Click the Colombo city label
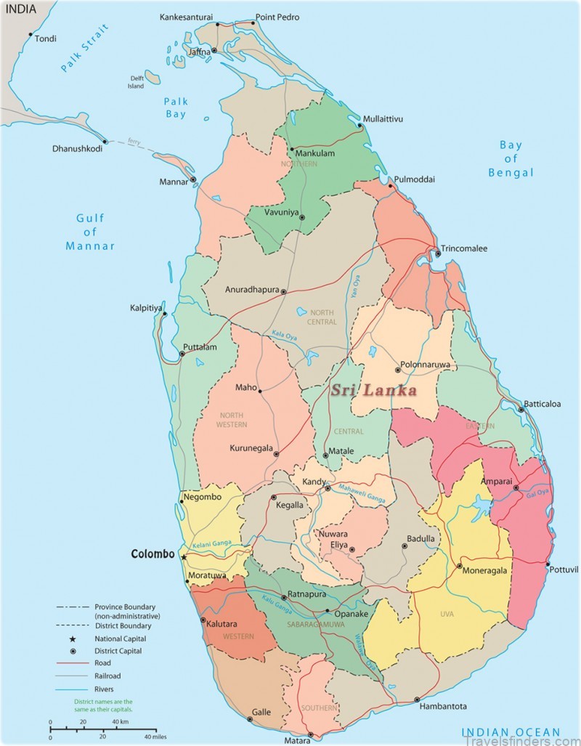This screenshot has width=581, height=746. (153, 554)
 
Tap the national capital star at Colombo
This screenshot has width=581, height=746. (184, 557)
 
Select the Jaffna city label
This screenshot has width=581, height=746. (199, 52)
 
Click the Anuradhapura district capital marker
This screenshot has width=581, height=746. (284, 291)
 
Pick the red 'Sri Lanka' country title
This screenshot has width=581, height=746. (373, 391)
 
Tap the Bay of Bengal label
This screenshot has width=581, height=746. (511, 158)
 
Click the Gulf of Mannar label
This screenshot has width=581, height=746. (90, 232)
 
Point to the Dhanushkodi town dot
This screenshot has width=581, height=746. (106, 142)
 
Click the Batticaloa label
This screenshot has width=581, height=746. (543, 405)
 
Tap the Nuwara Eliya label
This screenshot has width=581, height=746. (333, 539)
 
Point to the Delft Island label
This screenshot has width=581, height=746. (137, 81)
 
